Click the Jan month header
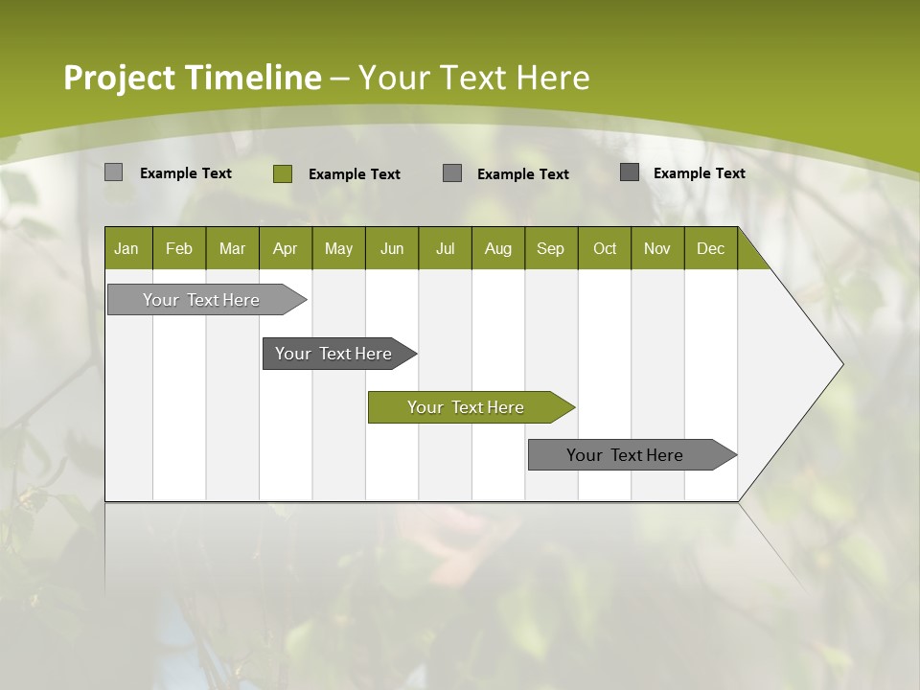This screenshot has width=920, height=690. tap(127, 248)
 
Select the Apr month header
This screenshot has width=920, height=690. tap(286, 248)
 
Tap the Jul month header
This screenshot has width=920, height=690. tap(446, 248)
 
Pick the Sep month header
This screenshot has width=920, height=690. tap(551, 248)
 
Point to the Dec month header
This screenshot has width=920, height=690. tap(711, 248)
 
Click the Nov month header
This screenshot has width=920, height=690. tap(657, 248)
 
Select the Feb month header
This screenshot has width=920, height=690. tap(179, 248)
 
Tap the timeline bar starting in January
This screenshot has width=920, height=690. tap(201, 300)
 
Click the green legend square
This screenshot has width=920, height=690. tap(282, 173)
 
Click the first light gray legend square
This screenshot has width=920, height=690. tap(113, 172)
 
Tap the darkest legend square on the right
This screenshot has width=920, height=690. tap(630, 172)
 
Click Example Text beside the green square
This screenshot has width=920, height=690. tap(355, 174)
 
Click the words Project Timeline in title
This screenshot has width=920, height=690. tap(192, 78)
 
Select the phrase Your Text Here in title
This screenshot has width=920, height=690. tap(473, 78)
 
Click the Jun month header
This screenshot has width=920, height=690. tap(392, 248)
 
